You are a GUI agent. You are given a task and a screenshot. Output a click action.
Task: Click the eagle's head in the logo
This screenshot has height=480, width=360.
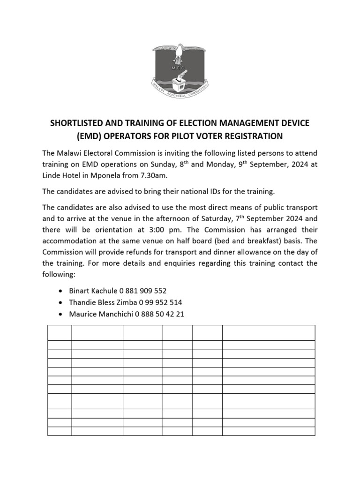pyautogui.click(x=179, y=47)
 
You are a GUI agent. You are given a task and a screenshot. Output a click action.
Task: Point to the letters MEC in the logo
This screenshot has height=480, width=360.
pyautogui.click(x=179, y=67)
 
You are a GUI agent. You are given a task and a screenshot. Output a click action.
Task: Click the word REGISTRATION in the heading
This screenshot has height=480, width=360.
pyautogui.click(x=252, y=136)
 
